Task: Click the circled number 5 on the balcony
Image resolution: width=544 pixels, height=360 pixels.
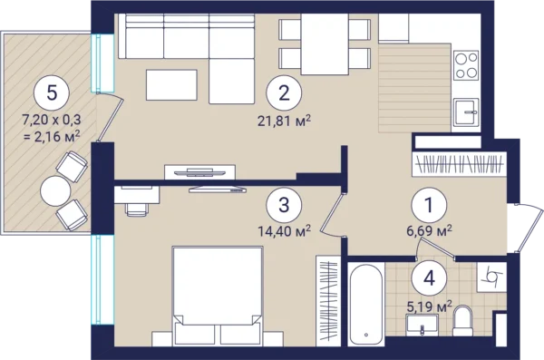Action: pyautogui.click(x=52, y=93)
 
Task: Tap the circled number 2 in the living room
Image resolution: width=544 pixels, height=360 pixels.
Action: pyautogui.click(x=284, y=92)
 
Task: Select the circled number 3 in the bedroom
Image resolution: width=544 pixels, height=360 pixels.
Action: pyautogui.click(x=284, y=205)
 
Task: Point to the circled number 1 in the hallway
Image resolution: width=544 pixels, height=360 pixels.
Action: pyautogui.click(x=429, y=205)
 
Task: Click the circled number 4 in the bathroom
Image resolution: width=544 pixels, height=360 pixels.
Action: pyautogui.click(x=429, y=278)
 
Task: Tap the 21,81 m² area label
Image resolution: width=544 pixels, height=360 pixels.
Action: pyautogui.click(x=284, y=122)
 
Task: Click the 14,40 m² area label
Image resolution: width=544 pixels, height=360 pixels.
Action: pyautogui.click(x=284, y=230)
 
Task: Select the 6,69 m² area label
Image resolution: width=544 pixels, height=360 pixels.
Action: pyautogui.click(x=429, y=229)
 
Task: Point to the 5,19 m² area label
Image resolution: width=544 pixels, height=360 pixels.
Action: pyautogui.click(x=429, y=306)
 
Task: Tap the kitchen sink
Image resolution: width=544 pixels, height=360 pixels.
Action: pyautogui.click(x=466, y=112)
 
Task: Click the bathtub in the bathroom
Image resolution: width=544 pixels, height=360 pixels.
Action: pyautogui.click(x=366, y=305)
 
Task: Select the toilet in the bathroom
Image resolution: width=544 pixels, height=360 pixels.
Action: pyautogui.click(x=462, y=321)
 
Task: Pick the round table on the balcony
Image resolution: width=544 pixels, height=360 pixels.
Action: pyautogui.click(x=55, y=191)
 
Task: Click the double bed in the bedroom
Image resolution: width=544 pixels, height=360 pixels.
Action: pyautogui.click(x=218, y=297)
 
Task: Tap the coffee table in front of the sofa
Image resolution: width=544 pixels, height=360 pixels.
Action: pyautogui.click(x=171, y=85)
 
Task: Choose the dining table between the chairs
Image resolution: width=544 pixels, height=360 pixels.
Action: pyautogui.click(x=325, y=44)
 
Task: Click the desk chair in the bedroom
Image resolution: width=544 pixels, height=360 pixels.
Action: pyautogui.click(x=137, y=209)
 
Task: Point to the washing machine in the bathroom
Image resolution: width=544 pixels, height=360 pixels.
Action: pyautogui.click(x=491, y=277)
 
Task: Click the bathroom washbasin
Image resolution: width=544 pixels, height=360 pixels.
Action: pyautogui.click(x=422, y=325)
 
